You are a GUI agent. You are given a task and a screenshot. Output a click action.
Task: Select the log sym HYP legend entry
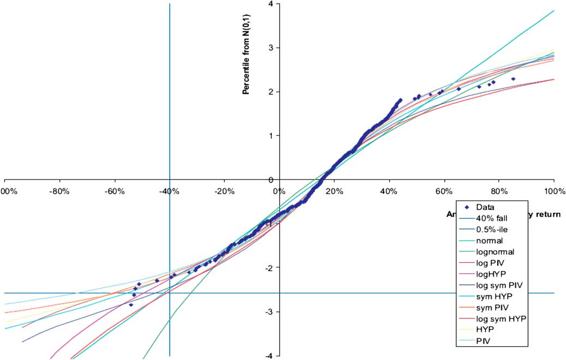click(x=496, y=318)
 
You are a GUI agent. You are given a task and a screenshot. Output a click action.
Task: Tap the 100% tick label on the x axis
click(x=553, y=191)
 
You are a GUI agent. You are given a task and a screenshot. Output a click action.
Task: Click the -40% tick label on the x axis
click(x=169, y=191)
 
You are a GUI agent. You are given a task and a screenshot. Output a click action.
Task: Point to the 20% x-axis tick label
click(x=334, y=191)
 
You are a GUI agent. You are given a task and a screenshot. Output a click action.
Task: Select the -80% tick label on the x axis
click(x=58, y=191)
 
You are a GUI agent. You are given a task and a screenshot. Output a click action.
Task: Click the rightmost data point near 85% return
click(x=513, y=79)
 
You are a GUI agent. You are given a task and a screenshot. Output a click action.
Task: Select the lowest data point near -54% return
click(x=131, y=305)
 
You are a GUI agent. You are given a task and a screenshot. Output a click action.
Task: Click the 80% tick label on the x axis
click(x=499, y=191)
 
